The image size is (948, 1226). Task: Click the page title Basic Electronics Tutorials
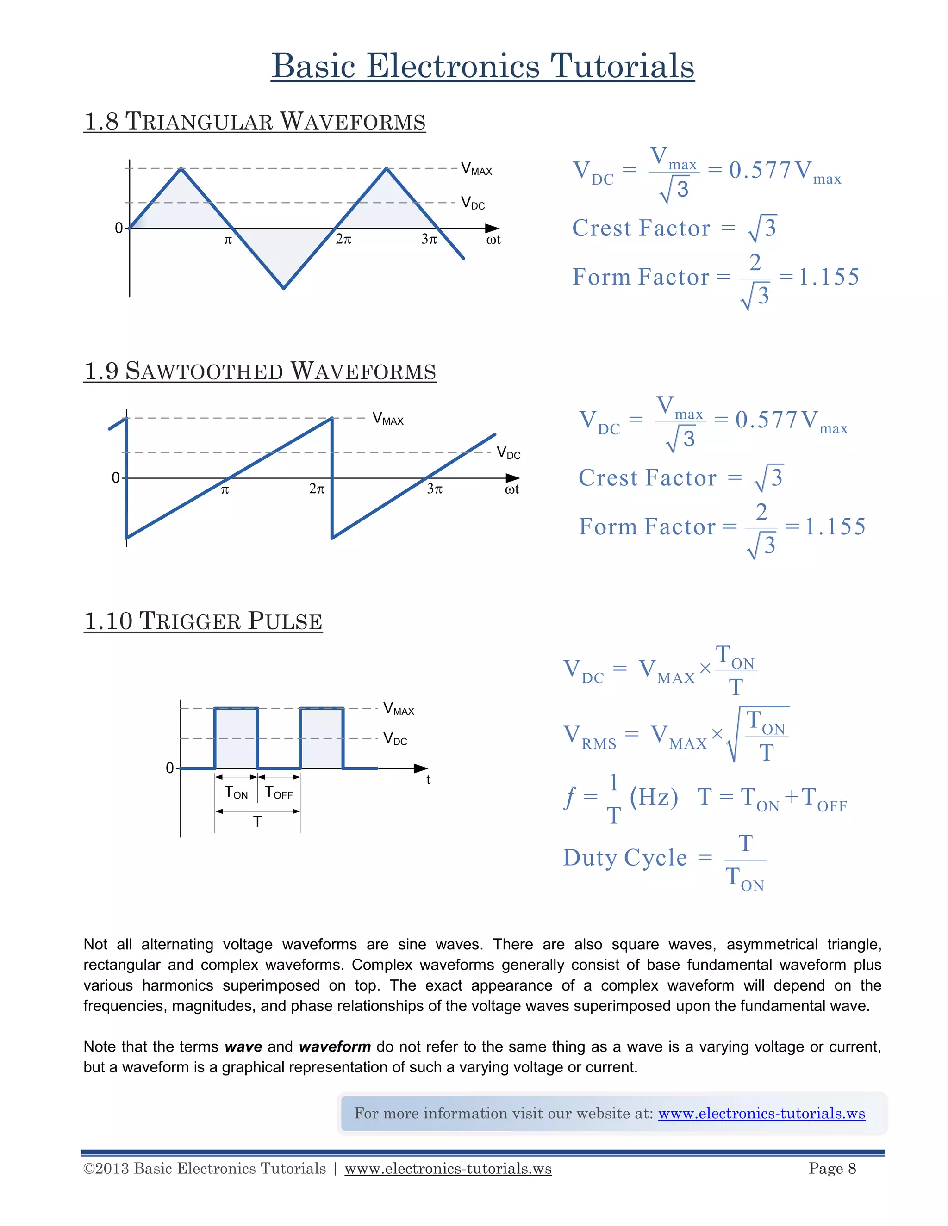pos(482,66)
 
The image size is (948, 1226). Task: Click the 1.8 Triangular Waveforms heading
pos(255,122)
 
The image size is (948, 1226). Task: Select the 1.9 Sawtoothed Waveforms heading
pos(260,371)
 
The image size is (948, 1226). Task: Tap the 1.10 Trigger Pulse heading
pos(203,621)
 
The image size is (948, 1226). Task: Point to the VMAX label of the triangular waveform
pos(476,169)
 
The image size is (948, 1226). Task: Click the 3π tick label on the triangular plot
pos(429,240)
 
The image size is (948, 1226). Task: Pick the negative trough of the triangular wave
pos(284,287)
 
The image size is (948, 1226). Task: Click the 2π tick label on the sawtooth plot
pos(317,489)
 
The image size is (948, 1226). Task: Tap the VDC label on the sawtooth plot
pos(508,453)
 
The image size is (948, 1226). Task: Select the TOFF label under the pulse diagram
pos(279,793)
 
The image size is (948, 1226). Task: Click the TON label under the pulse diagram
pos(236,793)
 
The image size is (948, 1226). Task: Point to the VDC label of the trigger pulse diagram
pos(395,739)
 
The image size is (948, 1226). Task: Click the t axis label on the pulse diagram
pos(429,780)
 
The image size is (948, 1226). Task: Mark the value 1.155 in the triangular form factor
pos(829,277)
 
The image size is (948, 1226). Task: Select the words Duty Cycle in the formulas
pos(625,858)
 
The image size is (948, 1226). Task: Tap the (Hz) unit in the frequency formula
pos(654,797)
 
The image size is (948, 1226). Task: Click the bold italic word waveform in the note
pos(335,1047)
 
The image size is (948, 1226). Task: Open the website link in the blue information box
pos(761,1113)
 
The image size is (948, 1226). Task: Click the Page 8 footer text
pos(832,1168)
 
